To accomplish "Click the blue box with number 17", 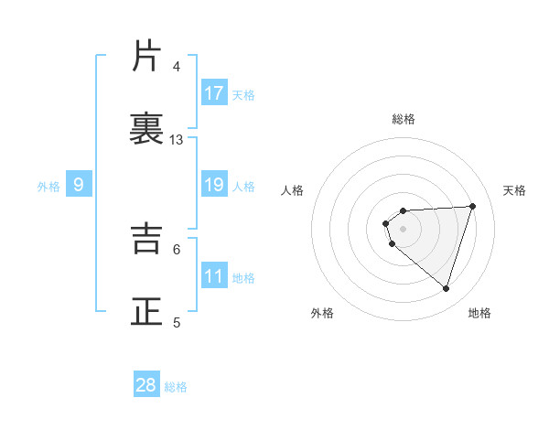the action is click(214, 93).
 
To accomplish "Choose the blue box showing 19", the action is click(214, 186).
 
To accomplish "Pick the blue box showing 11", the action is click(214, 276).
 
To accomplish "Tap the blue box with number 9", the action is click(79, 186).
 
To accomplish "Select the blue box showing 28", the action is click(146, 385).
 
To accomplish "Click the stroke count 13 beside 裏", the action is click(177, 140).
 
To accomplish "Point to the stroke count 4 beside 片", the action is click(176, 67).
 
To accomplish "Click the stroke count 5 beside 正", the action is click(176, 321).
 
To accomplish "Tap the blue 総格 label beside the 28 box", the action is click(176, 387).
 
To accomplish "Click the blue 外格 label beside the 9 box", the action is click(48, 187).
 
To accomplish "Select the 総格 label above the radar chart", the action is click(404, 119).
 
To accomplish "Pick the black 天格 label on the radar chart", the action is click(515, 190).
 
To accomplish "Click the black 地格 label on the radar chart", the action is click(479, 313).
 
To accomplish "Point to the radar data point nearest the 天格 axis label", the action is click(472, 206).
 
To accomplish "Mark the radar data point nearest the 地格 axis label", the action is click(446, 288).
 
